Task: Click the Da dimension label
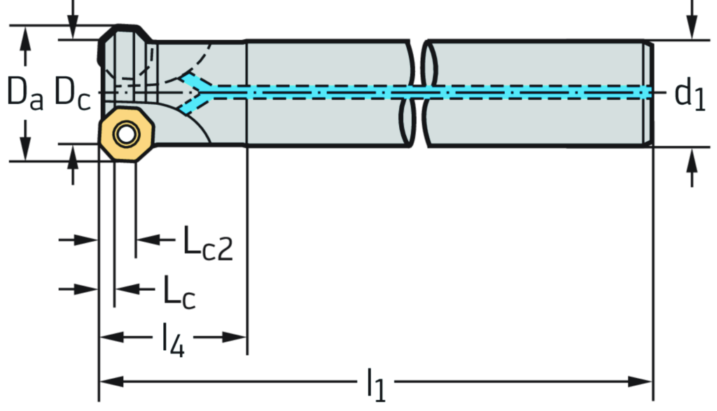coord(25,94)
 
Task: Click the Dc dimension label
coord(72,94)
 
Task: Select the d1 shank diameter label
coord(690,94)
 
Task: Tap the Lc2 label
coord(207,244)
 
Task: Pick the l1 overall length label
coord(375,382)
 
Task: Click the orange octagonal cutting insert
coord(125,134)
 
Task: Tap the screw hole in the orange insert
coord(125,133)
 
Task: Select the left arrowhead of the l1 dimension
coord(112,382)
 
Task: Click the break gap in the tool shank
coord(419,94)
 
